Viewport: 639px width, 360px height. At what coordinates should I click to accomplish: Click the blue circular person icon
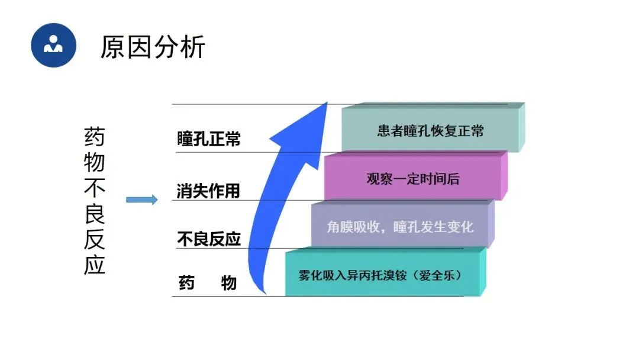click(x=54, y=45)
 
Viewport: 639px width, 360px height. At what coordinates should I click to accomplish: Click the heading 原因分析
click(x=153, y=47)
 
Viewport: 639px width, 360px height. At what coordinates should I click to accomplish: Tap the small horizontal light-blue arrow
click(x=142, y=200)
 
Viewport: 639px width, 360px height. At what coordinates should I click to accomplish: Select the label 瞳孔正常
click(x=209, y=140)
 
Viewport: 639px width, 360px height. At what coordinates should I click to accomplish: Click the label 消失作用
click(x=209, y=191)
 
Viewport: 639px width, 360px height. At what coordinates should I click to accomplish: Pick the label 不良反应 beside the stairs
click(x=209, y=239)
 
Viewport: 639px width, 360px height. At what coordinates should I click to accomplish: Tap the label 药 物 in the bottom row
click(x=208, y=284)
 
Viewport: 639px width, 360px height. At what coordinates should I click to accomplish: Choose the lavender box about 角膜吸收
click(x=400, y=227)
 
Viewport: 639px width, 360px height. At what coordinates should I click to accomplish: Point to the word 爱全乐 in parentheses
click(x=438, y=275)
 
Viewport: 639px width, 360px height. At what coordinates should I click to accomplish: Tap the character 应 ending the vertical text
click(x=94, y=265)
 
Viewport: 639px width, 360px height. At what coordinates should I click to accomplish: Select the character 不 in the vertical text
click(x=94, y=188)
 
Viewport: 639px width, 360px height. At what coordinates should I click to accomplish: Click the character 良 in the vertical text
click(x=94, y=214)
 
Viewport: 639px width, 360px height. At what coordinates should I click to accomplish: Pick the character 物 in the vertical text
click(x=94, y=163)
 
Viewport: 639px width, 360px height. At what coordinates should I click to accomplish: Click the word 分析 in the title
click(x=179, y=47)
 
